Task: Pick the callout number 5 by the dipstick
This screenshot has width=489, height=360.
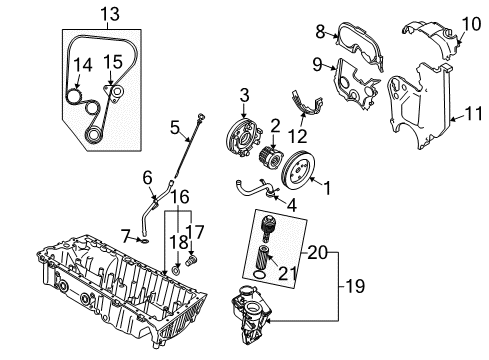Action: tap(173, 128)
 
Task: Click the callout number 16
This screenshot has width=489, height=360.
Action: tap(181, 199)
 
